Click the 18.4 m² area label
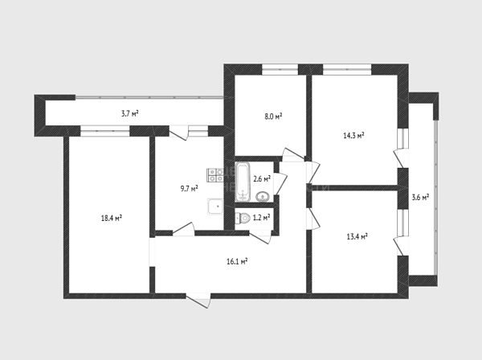click(x=112, y=218)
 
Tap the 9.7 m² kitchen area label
click(x=189, y=188)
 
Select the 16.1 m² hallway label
click(x=237, y=262)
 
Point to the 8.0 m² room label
click(x=273, y=117)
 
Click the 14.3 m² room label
click(x=353, y=135)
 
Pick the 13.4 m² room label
click(x=357, y=237)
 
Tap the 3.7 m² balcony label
click(x=129, y=114)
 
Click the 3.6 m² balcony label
click(x=420, y=197)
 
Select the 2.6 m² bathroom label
click(x=262, y=178)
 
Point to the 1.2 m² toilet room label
click(x=261, y=218)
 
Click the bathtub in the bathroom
click(x=243, y=182)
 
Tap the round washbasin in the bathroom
click(x=263, y=196)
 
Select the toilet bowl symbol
click(x=243, y=219)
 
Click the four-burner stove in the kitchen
click(x=215, y=175)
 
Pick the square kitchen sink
click(x=215, y=207)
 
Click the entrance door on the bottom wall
click(x=198, y=301)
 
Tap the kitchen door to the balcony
click(x=179, y=133)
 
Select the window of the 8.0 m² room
click(x=280, y=69)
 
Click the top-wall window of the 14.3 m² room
click(x=347, y=69)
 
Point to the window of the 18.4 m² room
click(x=104, y=131)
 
